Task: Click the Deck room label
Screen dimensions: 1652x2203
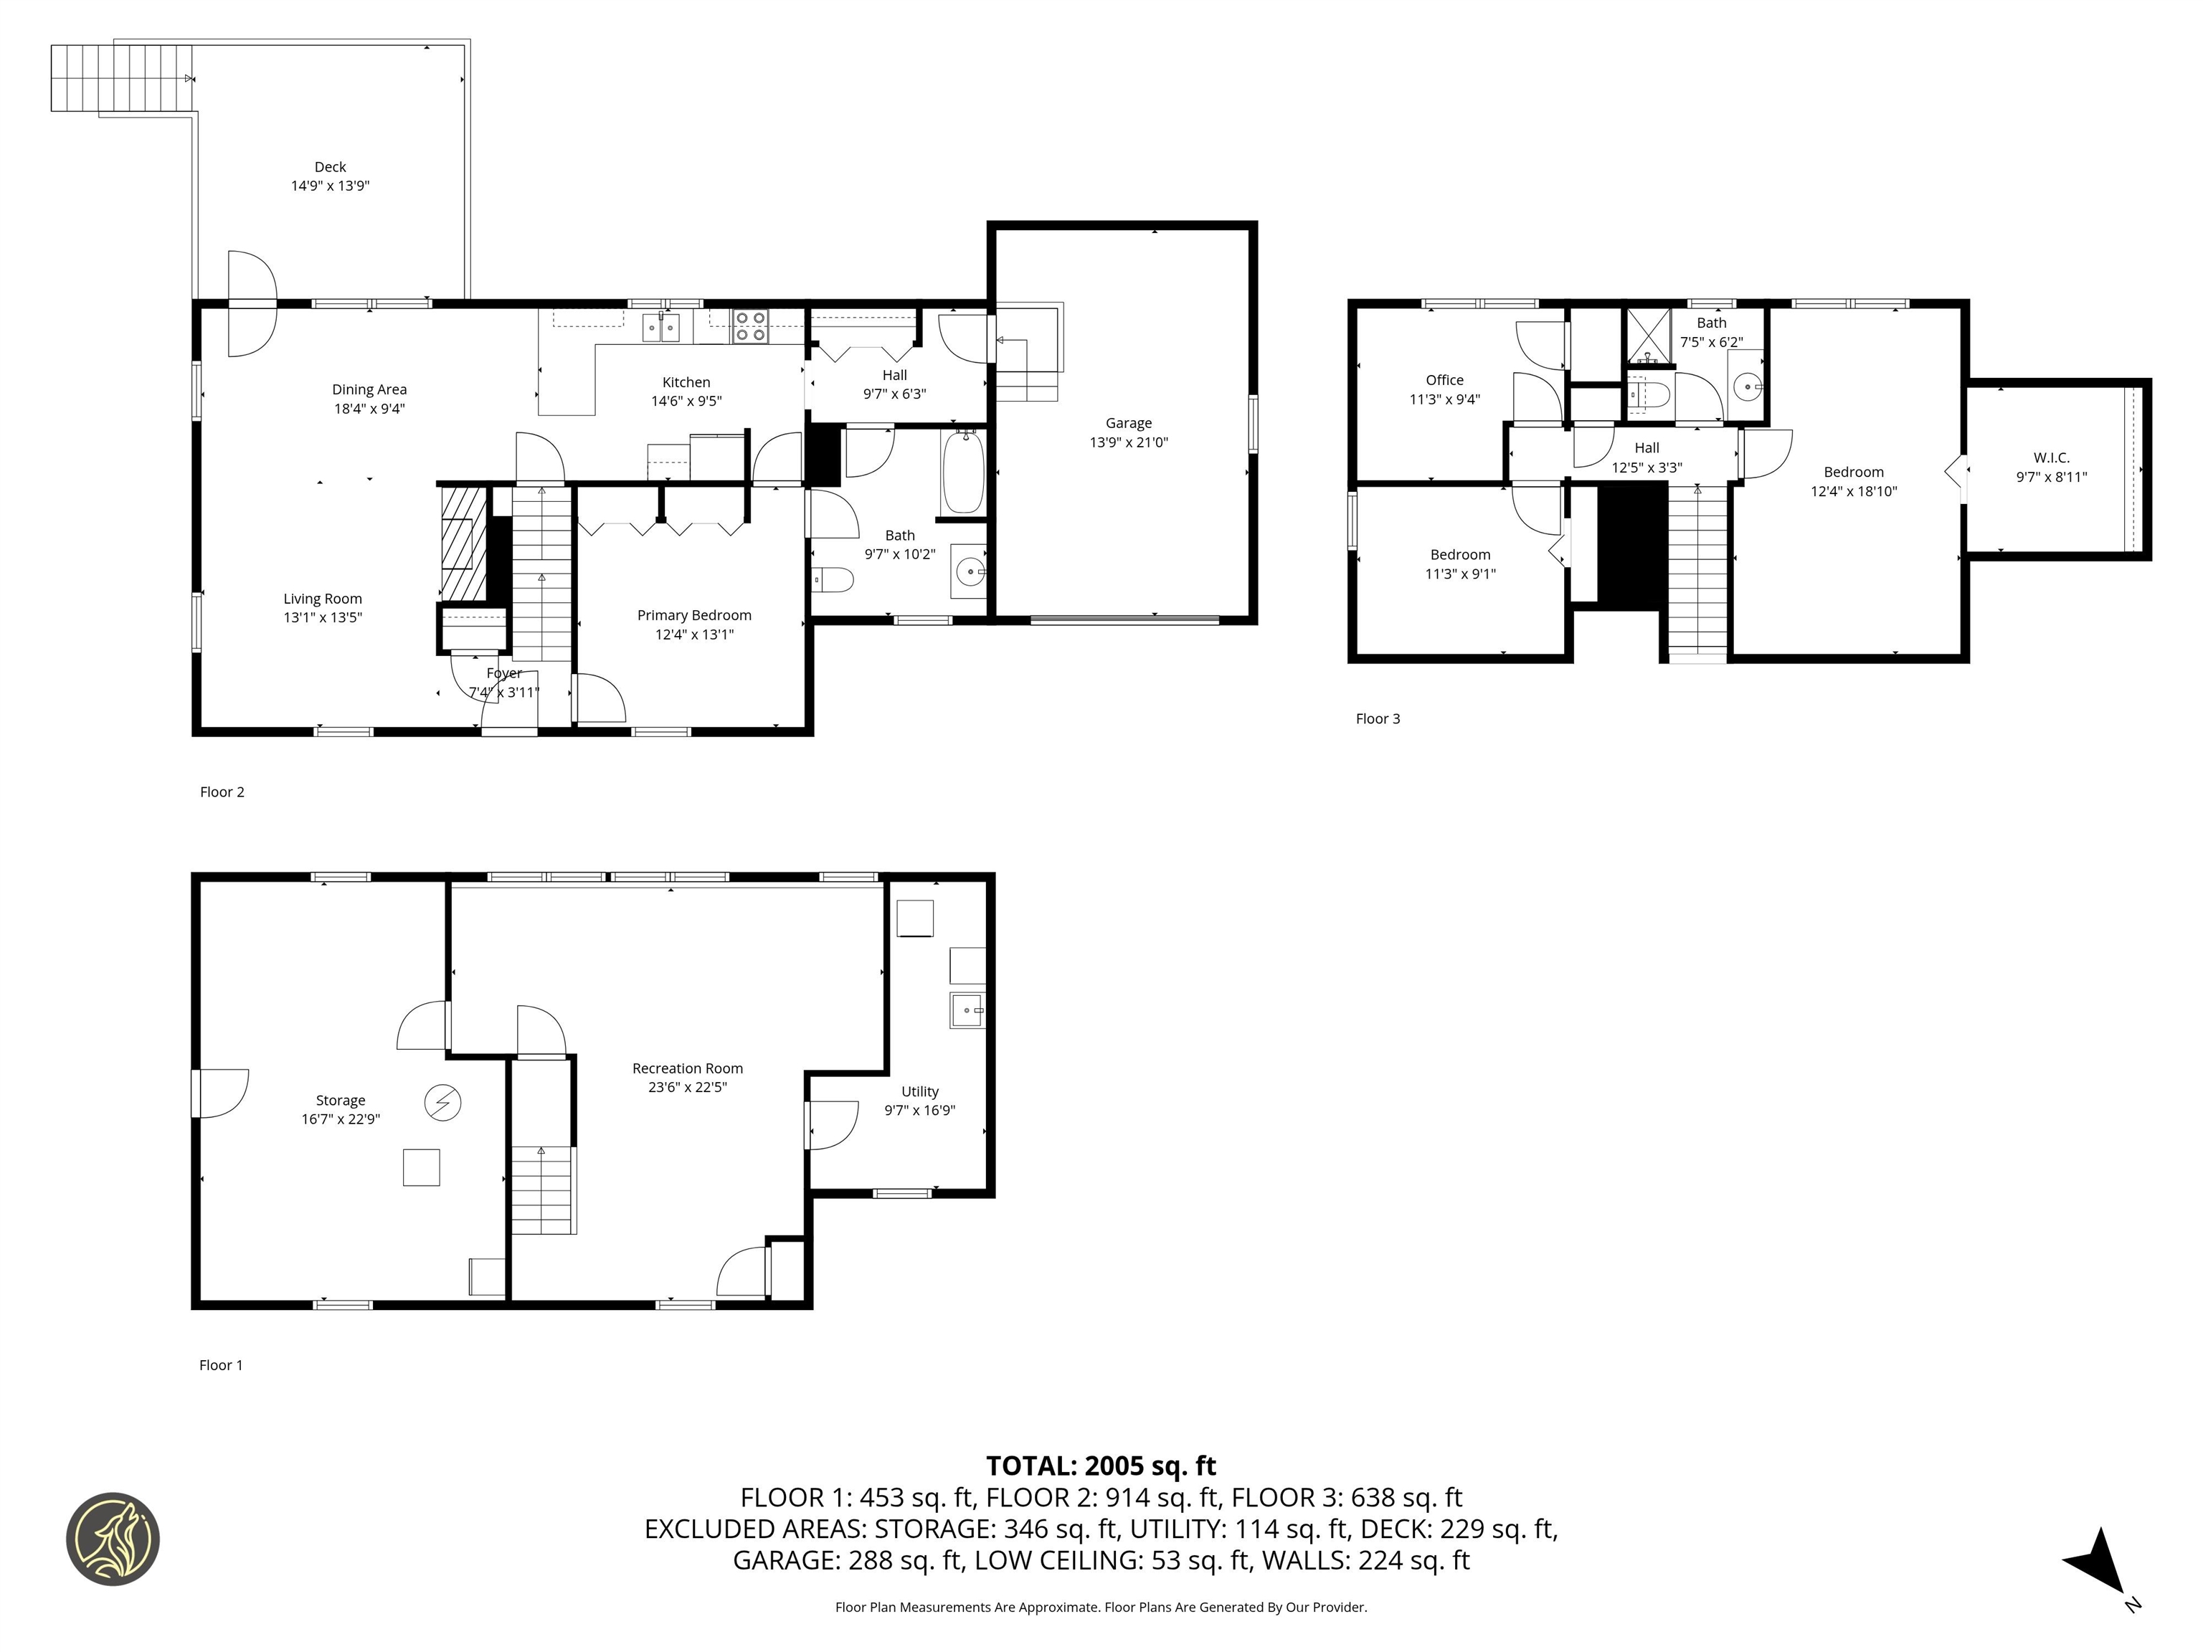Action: (x=330, y=167)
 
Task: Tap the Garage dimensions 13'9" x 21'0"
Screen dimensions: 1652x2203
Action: (x=1128, y=442)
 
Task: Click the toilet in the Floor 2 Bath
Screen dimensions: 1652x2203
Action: (x=833, y=579)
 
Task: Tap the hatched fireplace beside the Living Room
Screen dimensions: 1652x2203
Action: (x=462, y=543)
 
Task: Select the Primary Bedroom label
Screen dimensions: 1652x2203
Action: (x=694, y=615)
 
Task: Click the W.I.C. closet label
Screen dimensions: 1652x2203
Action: (x=2051, y=458)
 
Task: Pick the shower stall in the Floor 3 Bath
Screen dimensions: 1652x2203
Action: (x=1647, y=335)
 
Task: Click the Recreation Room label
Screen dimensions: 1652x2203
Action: (x=687, y=1068)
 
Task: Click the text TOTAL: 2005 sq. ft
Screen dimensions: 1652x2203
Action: (x=1101, y=1466)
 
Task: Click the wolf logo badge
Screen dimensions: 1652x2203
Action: (x=113, y=1539)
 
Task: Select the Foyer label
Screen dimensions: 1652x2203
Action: (x=504, y=674)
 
